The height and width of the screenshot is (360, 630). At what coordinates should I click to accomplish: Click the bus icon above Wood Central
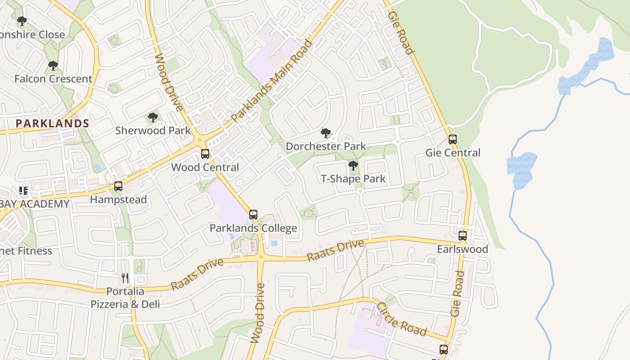point(205,154)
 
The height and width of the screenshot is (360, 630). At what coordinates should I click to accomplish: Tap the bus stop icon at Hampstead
point(118,186)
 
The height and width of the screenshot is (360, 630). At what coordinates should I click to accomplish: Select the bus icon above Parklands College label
point(253,215)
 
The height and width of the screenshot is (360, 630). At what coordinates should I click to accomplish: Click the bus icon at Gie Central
point(453,139)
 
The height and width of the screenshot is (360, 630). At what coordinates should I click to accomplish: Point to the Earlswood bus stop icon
point(463,236)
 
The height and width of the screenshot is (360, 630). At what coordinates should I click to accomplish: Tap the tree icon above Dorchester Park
point(326,133)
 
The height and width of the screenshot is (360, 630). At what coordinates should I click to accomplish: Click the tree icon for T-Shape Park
point(353,166)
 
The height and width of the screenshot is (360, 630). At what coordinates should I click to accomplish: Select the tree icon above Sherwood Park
point(153,117)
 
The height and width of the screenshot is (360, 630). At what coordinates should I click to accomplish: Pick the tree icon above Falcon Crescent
point(53,66)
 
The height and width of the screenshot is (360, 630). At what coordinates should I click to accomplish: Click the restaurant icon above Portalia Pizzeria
point(125,278)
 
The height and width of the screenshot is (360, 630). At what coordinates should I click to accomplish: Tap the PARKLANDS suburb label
point(53,123)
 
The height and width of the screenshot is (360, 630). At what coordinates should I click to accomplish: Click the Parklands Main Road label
point(271,82)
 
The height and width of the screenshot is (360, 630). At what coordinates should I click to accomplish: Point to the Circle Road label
point(401,319)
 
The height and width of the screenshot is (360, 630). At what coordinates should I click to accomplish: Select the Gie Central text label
point(453,153)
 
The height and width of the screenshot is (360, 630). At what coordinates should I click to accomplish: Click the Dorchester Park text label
point(326,146)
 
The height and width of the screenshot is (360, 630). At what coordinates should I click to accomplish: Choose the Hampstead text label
point(118,199)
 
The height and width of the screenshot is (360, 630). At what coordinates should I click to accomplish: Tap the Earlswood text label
point(463,249)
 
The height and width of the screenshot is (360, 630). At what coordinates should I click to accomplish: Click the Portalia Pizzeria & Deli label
point(125,298)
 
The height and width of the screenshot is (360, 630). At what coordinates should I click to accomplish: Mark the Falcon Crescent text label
point(53,79)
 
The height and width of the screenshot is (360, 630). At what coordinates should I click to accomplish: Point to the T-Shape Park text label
point(353,179)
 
